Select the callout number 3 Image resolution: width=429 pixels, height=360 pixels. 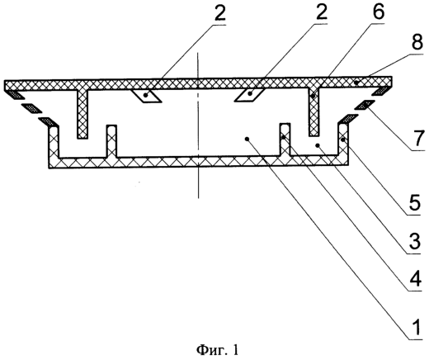pos(415,240)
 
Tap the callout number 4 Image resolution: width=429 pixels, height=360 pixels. pos(415,279)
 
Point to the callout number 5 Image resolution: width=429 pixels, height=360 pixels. pos(415,202)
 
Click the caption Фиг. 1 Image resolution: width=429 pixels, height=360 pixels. pos(218,350)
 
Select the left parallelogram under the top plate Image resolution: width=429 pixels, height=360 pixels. pos(146,96)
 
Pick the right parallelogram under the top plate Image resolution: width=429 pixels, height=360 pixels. pos(249,95)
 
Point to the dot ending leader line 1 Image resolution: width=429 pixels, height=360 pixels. pos(247,140)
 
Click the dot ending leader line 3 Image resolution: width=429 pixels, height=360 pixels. pos(317,144)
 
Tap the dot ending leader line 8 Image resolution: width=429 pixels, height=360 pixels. pos(356,82)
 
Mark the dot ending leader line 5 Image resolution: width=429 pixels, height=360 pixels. pos(342,140)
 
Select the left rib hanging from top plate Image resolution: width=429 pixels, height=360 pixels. pos(82,114)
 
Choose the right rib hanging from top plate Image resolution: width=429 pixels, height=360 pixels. pos(313,112)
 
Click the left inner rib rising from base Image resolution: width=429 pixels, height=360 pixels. pos(111,141)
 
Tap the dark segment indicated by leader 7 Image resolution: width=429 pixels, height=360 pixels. pos(365,105)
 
